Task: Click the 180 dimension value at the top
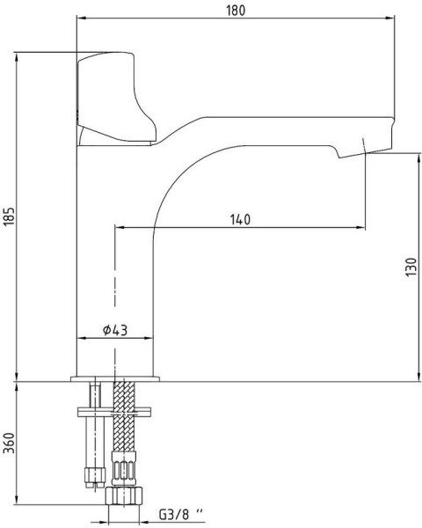click(x=236, y=11)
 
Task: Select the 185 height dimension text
click(x=10, y=216)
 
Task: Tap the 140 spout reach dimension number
click(x=240, y=219)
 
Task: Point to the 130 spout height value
click(x=411, y=267)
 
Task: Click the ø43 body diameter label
click(x=115, y=330)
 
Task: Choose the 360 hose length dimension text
click(x=10, y=443)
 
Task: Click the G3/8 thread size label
click(x=181, y=515)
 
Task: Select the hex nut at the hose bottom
click(x=124, y=495)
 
